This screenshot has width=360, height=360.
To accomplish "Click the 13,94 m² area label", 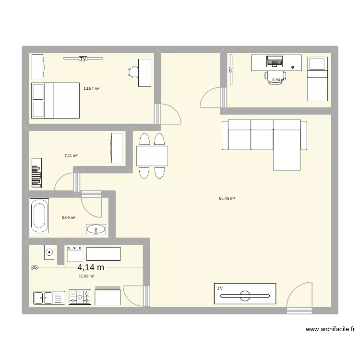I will pyautogui.click(x=91, y=89).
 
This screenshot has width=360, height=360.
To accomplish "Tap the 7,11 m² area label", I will pyautogui.click(x=71, y=156).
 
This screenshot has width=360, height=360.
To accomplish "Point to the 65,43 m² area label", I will pyautogui.click(x=227, y=198).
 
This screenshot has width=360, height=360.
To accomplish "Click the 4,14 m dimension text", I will pyautogui.click(x=91, y=268).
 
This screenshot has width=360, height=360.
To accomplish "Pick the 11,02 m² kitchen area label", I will pyautogui.click(x=86, y=276).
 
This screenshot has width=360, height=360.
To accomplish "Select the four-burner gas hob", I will pyautogui.click(x=80, y=297).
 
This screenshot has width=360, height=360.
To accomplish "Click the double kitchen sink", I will pyautogui.click(x=48, y=298).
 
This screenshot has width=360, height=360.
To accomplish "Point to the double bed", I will pyautogui.click(x=55, y=100).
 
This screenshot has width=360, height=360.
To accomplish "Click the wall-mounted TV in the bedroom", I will pyautogui.click(x=83, y=59).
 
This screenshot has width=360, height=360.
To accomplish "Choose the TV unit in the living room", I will pyautogui.click(x=245, y=294).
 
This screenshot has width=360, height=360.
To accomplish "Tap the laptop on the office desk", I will pyautogui.click(x=275, y=61).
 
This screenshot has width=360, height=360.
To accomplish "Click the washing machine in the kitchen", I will pyautogui.click(x=49, y=251).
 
